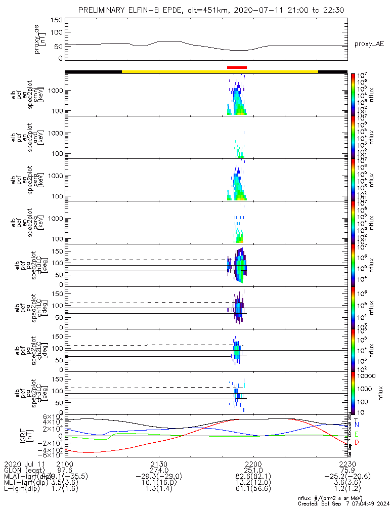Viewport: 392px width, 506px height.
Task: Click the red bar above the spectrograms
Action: [x=237, y=67]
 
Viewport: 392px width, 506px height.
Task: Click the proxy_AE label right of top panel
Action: [x=369, y=44]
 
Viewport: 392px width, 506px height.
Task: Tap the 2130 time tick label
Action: [x=159, y=464]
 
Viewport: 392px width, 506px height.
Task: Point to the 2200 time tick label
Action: [x=252, y=464]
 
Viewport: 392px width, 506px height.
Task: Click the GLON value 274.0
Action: [x=159, y=471]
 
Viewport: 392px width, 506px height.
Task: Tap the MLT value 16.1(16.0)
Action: [x=159, y=484]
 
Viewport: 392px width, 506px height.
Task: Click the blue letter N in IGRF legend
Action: [x=357, y=424]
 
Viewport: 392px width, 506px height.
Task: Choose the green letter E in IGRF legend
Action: [x=357, y=434]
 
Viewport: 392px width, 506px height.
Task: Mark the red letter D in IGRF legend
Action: [x=357, y=443]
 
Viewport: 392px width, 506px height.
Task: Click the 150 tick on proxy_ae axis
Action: [x=57, y=20]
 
